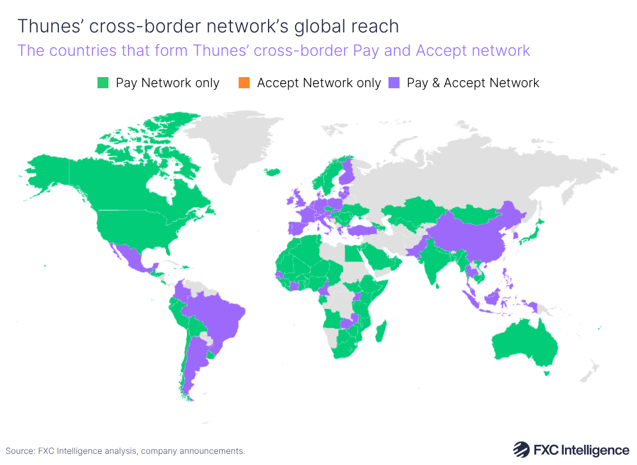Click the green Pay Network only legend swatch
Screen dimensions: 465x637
[x=103, y=83]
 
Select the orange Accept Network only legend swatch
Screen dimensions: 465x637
[x=244, y=83]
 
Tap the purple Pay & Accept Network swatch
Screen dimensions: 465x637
[x=393, y=83]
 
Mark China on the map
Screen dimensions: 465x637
[x=472, y=234]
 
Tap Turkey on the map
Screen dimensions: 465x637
[x=361, y=230]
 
